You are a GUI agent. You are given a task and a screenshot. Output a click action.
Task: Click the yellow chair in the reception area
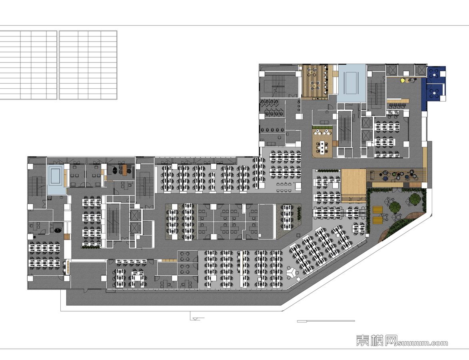[x=403, y=80]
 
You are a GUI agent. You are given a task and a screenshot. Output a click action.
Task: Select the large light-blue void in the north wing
[x=352, y=83]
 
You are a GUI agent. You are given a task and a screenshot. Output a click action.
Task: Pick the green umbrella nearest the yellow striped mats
[x=395, y=206]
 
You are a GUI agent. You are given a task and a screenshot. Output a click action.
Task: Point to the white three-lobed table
[x=291, y=272]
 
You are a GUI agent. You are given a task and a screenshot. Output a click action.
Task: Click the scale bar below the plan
[x=326, y=321]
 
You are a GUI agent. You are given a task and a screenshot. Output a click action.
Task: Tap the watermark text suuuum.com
[x=423, y=343]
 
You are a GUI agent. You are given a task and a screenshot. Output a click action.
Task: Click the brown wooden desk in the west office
[x=125, y=170]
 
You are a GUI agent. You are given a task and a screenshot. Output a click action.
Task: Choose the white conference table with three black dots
[x=322, y=146]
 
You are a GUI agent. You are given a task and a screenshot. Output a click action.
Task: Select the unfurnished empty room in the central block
[x=267, y=222]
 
